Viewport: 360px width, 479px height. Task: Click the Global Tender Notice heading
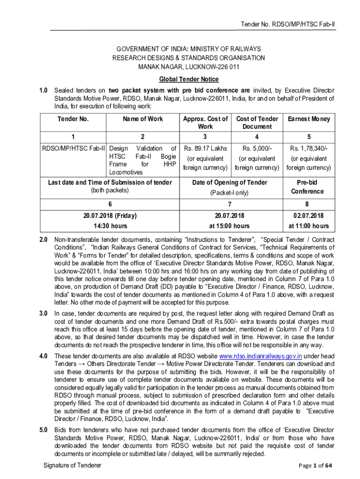pos(188,80)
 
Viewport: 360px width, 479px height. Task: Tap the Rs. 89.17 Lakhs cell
pos(205,149)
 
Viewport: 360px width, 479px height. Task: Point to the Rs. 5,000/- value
pos(257,149)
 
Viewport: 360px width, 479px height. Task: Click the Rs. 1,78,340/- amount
pos(309,149)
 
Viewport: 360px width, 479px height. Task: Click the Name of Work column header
pos(143,119)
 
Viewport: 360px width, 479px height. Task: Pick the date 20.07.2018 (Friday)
pos(110,216)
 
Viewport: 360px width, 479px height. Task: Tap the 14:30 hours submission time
pos(110,225)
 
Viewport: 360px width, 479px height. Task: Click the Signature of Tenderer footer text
pos(72,465)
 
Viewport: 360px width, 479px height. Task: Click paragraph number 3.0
pos(43,313)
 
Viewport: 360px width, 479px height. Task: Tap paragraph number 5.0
pos(43,430)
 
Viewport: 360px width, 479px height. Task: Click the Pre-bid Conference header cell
pos(308,187)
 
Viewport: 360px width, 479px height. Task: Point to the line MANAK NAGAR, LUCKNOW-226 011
pos(188,67)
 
